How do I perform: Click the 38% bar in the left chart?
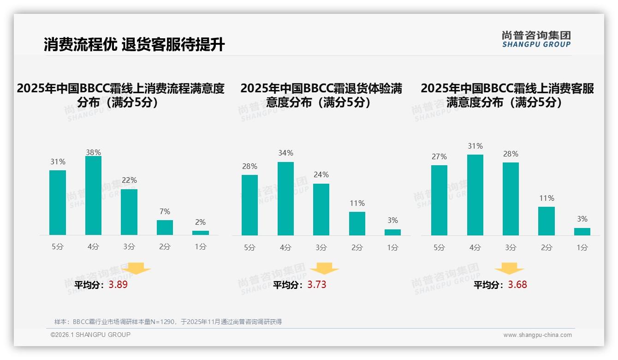click(93, 196)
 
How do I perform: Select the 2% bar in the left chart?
click(201, 233)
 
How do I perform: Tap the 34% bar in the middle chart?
click(285, 198)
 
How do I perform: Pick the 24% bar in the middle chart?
click(321, 210)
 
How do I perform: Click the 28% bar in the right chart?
click(511, 199)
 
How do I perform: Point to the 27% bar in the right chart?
click(439, 200)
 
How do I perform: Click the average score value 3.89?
click(118, 285)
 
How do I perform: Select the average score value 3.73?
click(316, 285)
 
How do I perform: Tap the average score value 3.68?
click(517, 285)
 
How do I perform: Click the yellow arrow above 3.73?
click(324, 269)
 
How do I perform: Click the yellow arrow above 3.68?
click(509, 269)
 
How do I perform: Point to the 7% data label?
click(165, 212)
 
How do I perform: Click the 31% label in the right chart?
click(475, 146)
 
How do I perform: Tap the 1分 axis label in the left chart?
click(201, 247)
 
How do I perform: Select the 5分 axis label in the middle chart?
click(250, 248)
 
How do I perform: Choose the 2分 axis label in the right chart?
click(547, 248)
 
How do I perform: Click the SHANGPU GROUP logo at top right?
click(536, 39)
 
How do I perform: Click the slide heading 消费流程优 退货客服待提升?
click(134, 45)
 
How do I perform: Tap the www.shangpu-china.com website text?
click(537, 335)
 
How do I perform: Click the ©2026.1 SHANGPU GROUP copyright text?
click(90, 335)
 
